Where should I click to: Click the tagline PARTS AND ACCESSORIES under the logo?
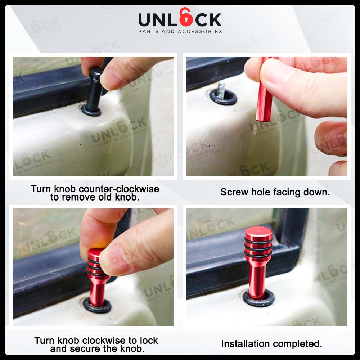[180, 32]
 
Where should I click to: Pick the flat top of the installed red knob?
[258, 230]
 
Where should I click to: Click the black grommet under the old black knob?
[91, 110]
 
